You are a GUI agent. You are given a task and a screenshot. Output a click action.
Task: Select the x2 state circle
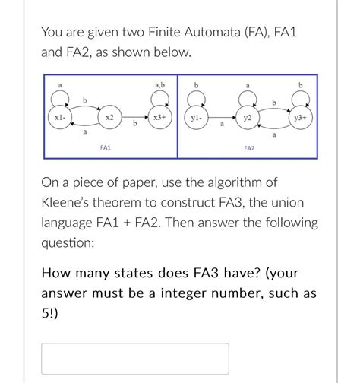pos(110,118)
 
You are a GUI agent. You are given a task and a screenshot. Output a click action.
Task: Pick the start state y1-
pos(196,118)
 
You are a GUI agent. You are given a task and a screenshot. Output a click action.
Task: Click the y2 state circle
pos(248,118)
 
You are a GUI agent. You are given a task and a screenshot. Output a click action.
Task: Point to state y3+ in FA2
pos(301,118)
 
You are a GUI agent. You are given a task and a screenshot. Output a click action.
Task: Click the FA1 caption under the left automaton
pos(106,147)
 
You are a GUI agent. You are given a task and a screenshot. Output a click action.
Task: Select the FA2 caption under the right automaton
pos(248,147)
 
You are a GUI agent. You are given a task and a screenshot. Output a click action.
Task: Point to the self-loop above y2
pos(248,97)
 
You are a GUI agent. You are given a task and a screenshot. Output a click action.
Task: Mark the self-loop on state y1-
pos(196,97)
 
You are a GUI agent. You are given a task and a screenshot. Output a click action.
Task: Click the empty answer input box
pos(134,358)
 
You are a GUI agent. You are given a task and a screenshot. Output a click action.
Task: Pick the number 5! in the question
pos(49,311)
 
